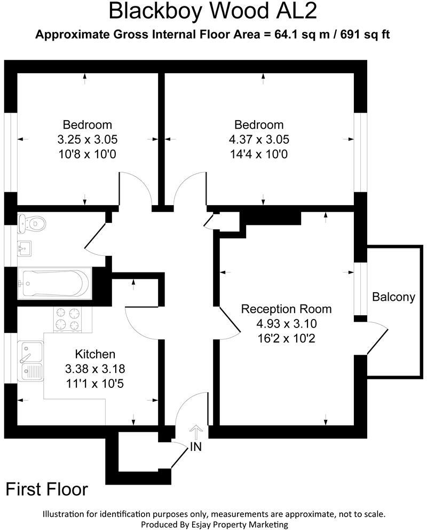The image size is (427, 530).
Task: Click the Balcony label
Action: point(393,297)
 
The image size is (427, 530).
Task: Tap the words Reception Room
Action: point(286,309)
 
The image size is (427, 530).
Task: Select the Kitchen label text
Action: point(95,354)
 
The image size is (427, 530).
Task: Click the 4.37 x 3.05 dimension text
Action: point(259,140)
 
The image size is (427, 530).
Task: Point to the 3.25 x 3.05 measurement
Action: point(87,140)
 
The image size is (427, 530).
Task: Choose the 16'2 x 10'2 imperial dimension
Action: point(286,338)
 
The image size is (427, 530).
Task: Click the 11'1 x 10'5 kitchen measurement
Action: point(95,383)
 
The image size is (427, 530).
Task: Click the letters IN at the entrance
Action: point(196,447)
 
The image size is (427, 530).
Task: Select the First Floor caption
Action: point(47,489)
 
